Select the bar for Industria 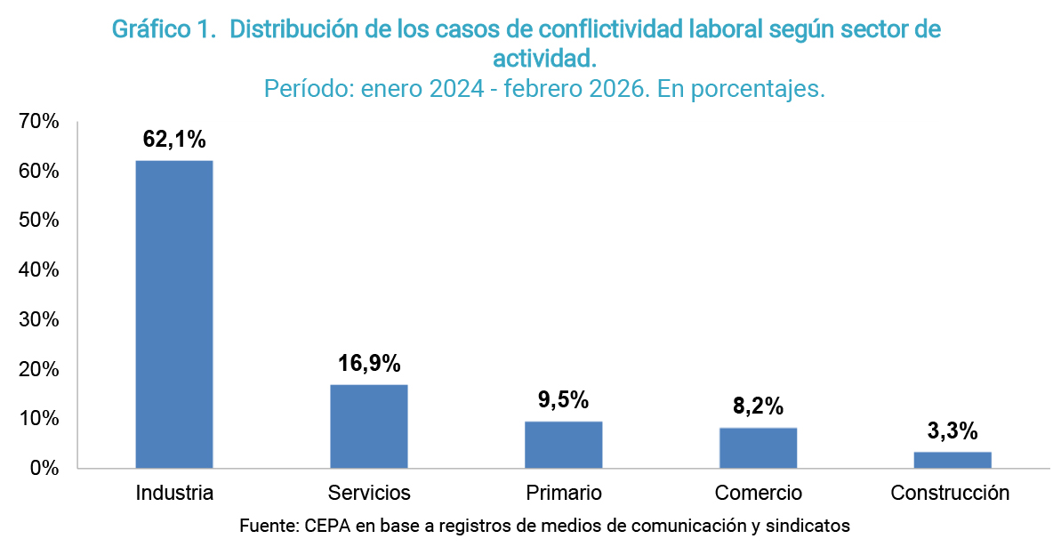tap(174, 314)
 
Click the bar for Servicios tap(369, 426)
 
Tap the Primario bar tap(564, 444)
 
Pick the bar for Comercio tap(758, 447)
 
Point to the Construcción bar tap(953, 459)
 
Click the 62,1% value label tap(174, 139)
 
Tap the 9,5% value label tap(564, 399)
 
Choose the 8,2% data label tap(758, 406)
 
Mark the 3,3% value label tap(953, 431)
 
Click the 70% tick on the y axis tap(39, 122)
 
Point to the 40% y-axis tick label tap(39, 269)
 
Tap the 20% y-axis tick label tap(39, 369)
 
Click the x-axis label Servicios tap(369, 493)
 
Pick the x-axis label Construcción tap(951, 493)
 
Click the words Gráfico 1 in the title tap(164, 29)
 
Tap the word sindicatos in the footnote tap(809, 526)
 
